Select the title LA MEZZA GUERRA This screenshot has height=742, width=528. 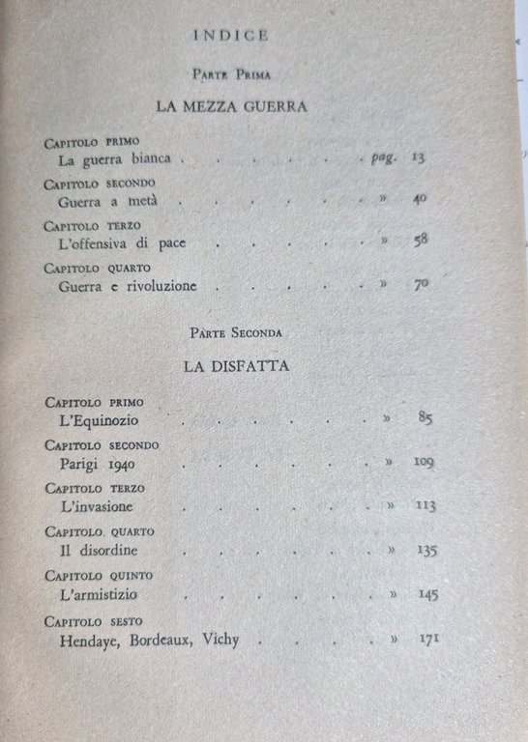[238, 107]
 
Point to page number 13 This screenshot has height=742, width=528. [417, 157]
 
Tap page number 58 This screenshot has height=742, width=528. [420, 242]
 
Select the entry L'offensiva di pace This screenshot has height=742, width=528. [122, 243]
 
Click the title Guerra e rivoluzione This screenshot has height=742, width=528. [128, 286]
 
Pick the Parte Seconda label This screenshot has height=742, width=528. [236, 332]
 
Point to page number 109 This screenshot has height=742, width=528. [423, 462]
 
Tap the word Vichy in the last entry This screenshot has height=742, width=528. [220, 640]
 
